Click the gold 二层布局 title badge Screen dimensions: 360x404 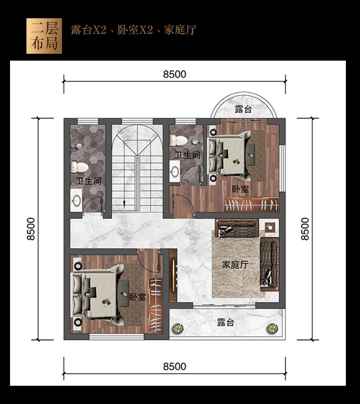coord(44,36)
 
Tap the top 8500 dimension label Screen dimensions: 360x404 coord(175,74)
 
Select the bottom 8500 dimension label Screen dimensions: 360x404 coord(175,367)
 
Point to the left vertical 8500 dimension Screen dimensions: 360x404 coord(31,229)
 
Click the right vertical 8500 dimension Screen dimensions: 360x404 coord(305,229)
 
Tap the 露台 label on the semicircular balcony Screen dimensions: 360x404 coord(243,109)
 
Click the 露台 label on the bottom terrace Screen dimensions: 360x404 coord(225,322)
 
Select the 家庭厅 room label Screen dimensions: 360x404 coord(235,264)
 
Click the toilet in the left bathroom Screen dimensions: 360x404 coord(80,167)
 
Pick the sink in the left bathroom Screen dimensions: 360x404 coord(77,200)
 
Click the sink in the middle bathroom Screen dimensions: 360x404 coord(175,171)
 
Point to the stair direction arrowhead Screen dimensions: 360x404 coord(124,204)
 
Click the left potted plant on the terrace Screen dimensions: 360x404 coord(178,328)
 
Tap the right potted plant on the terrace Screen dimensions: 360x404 coord(272,328)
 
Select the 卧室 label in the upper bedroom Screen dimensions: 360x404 coord(240,189)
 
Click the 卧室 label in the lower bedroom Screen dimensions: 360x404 coord(138,297)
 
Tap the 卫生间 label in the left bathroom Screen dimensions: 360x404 coord(88,181)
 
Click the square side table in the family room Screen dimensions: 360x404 coord(270,227)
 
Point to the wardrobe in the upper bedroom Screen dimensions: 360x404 coord(251,205)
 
